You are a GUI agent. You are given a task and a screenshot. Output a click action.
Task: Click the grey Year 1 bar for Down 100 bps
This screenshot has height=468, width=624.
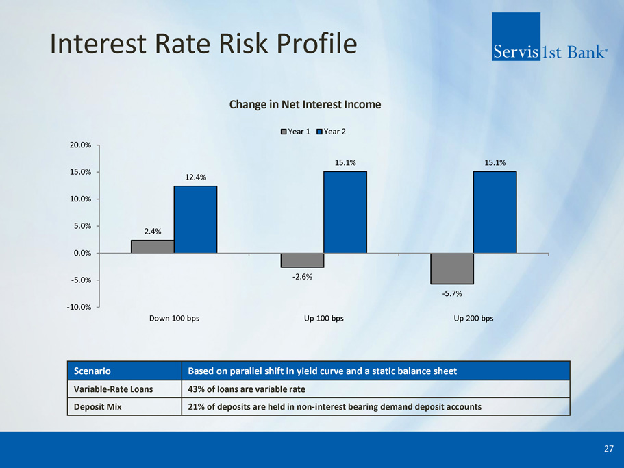point(152,247)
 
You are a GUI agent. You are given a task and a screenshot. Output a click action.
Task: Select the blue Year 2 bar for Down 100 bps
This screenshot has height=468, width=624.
point(195,219)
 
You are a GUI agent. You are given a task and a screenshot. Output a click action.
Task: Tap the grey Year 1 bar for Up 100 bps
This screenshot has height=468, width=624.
point(302,260)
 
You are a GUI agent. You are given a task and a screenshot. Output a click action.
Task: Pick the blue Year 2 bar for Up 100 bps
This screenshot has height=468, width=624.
point(345,212)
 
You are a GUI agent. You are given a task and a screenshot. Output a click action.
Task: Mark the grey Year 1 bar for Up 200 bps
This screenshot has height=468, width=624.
point(451,269)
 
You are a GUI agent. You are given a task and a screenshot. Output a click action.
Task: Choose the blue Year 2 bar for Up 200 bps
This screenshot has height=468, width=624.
point(495,212)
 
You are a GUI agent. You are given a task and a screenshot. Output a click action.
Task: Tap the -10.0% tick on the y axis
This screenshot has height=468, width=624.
point(79,307)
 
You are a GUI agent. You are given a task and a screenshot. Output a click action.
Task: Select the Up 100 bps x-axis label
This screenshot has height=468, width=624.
point(324,319)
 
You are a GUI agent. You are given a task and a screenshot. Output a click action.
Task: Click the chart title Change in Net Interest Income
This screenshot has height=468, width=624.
point(305,105)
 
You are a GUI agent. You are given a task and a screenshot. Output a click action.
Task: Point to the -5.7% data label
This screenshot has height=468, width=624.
point(451,294)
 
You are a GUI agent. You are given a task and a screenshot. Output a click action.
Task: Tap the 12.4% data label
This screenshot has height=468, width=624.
point(195,177)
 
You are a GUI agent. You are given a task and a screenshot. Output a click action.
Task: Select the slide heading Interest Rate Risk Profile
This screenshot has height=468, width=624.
point(204,44)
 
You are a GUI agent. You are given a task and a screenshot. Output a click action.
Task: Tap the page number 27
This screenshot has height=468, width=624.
point(609,449)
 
